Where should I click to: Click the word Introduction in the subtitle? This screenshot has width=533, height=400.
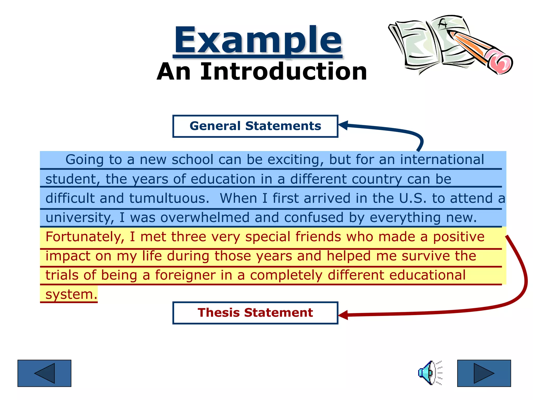(283, 72)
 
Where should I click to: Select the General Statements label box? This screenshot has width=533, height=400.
(255, 126)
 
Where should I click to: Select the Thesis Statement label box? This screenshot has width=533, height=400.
(255, 313)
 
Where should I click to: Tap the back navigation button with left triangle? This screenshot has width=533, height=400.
(44, 373)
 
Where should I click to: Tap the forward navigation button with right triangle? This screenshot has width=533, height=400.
(484, 373)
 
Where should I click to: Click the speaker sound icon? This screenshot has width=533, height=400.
(429, 373)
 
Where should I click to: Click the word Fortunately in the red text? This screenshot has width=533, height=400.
(84, 237)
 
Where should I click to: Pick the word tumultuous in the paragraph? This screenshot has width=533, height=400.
(169, 198)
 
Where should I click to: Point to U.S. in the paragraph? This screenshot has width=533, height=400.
(413, 198)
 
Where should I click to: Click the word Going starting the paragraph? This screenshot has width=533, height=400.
(84, 160)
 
